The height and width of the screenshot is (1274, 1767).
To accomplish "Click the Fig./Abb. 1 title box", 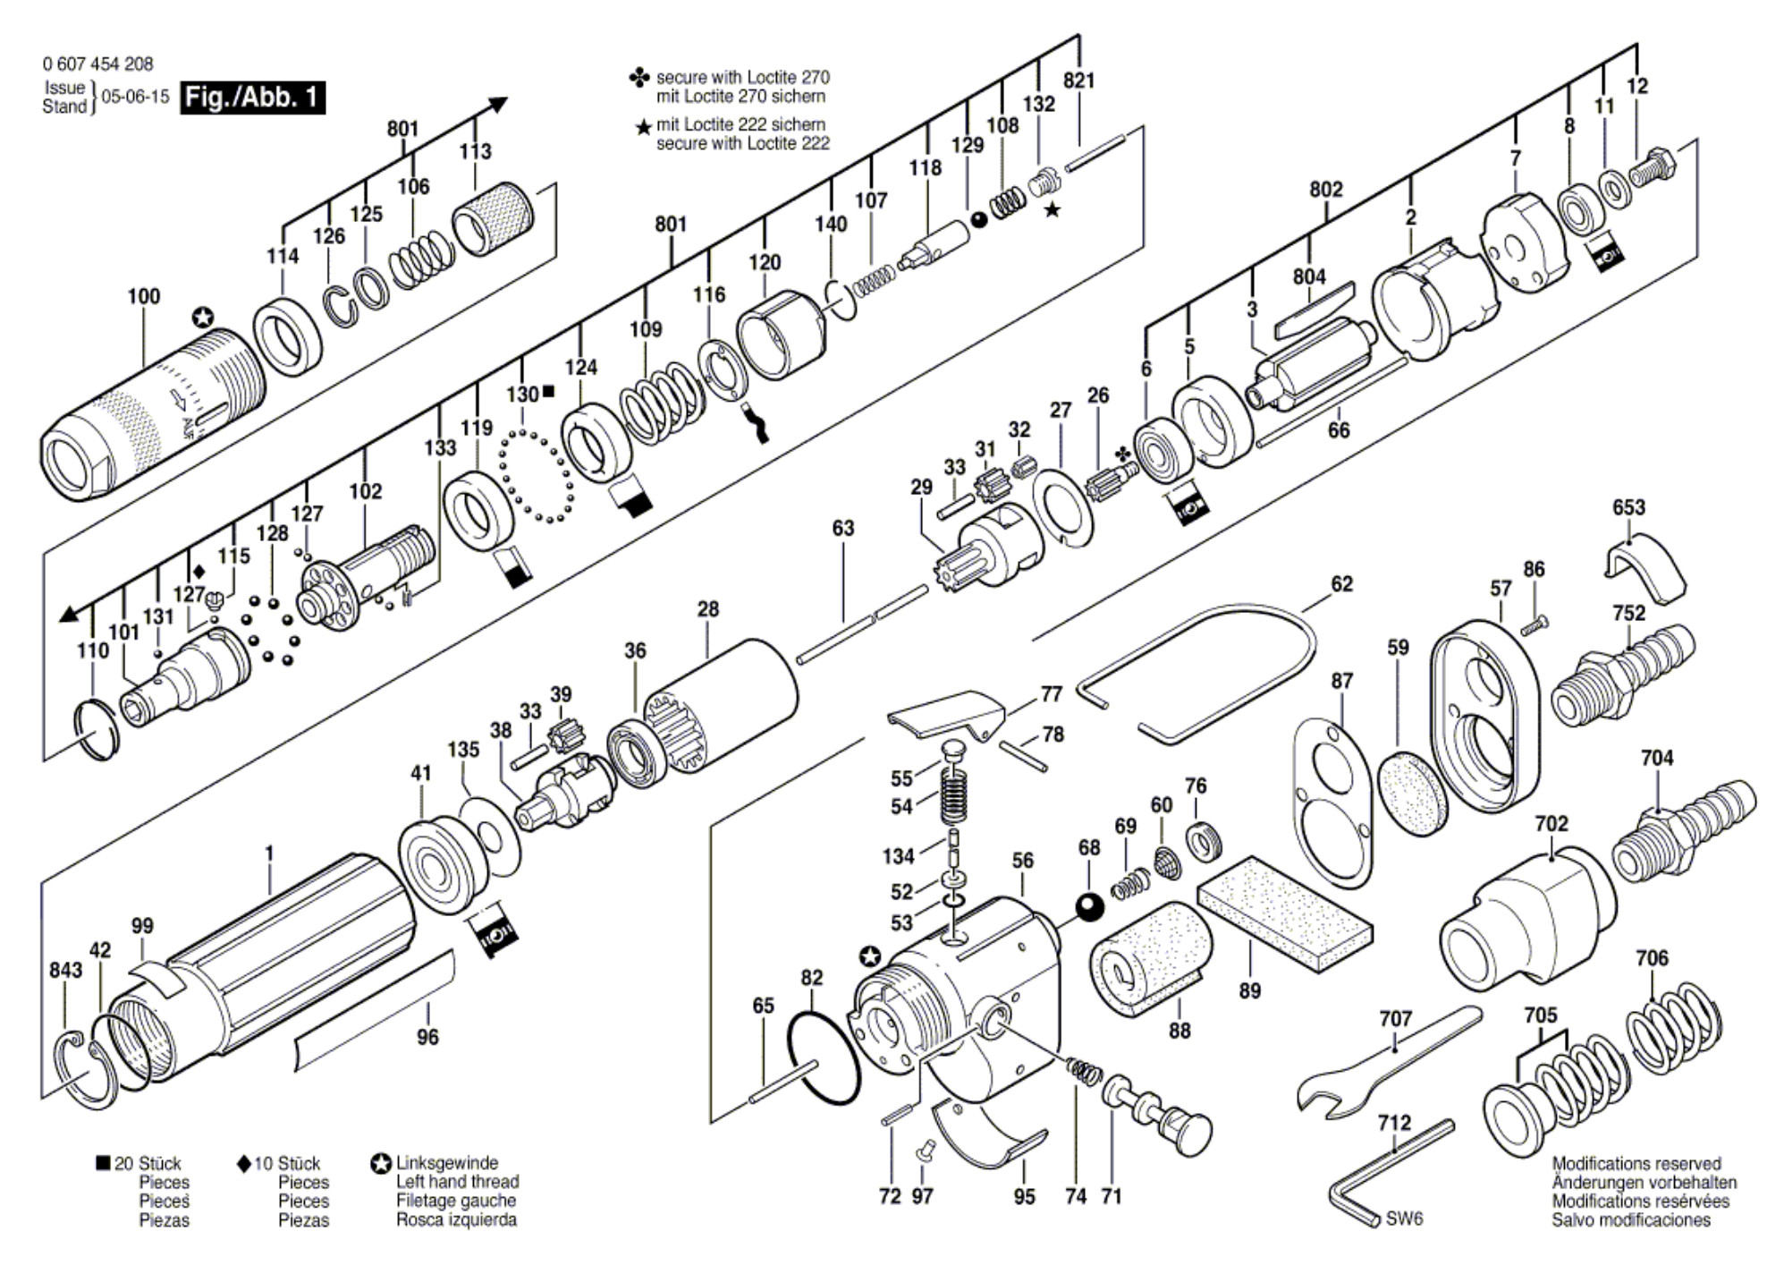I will click(x=252, y=97).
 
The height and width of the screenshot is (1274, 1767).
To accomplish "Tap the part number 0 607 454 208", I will click(x=97, y=64).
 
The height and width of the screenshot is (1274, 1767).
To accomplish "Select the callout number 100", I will click(x=144, y=296).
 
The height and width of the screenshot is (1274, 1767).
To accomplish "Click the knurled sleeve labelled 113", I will click(x=494, y=218).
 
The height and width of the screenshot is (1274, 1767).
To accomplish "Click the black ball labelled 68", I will click(x=1089, y=907).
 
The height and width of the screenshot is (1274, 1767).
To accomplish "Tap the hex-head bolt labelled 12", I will click(x=1655, y=166).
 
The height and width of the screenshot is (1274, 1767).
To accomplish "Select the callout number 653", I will click(x=1628, y=507).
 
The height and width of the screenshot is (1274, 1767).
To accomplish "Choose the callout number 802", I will click(x=1326, y=190).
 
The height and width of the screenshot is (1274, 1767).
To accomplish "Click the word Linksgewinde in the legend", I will click(x=447, y=1163).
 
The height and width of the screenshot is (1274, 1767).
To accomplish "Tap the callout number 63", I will click(x=843, y=529).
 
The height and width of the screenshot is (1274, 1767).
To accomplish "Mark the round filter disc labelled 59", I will click(x=1413, y=793).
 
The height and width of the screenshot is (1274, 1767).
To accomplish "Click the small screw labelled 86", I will click(x=1534, y=624).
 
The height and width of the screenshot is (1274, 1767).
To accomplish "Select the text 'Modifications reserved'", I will click(x=1636, y=1164).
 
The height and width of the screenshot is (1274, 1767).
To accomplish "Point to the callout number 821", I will click(x=1078, y=81).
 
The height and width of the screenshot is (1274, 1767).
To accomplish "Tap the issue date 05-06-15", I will click(x=135, y=97).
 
